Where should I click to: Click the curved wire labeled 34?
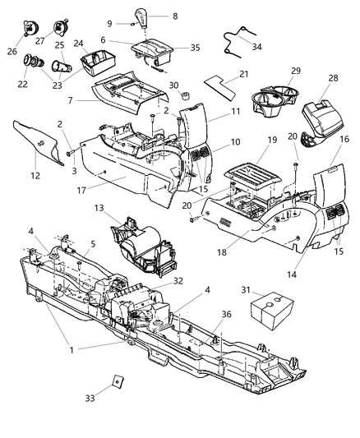[238, 36]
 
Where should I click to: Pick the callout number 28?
[333, 79]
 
